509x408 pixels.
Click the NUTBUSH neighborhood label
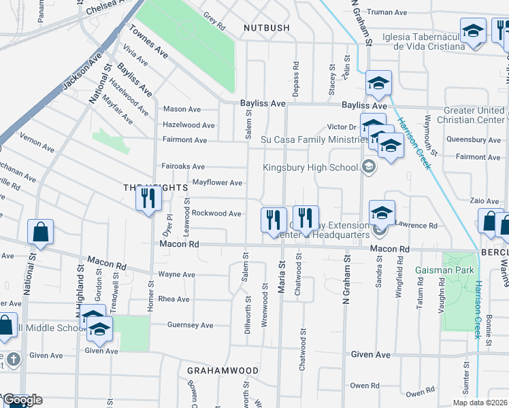coord(266,28)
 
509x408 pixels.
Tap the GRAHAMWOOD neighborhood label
coord(223,371)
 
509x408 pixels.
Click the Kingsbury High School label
coord(310,167)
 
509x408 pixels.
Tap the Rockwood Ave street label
coord(216,214)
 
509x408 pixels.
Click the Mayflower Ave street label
coord(217,183)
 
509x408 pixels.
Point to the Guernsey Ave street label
coord(191,325)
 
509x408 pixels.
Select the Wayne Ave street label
coord(176,275)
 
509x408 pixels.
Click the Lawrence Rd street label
coord(416,225)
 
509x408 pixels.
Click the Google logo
coord(23,400)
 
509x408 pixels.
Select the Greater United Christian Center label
coord(474,115)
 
